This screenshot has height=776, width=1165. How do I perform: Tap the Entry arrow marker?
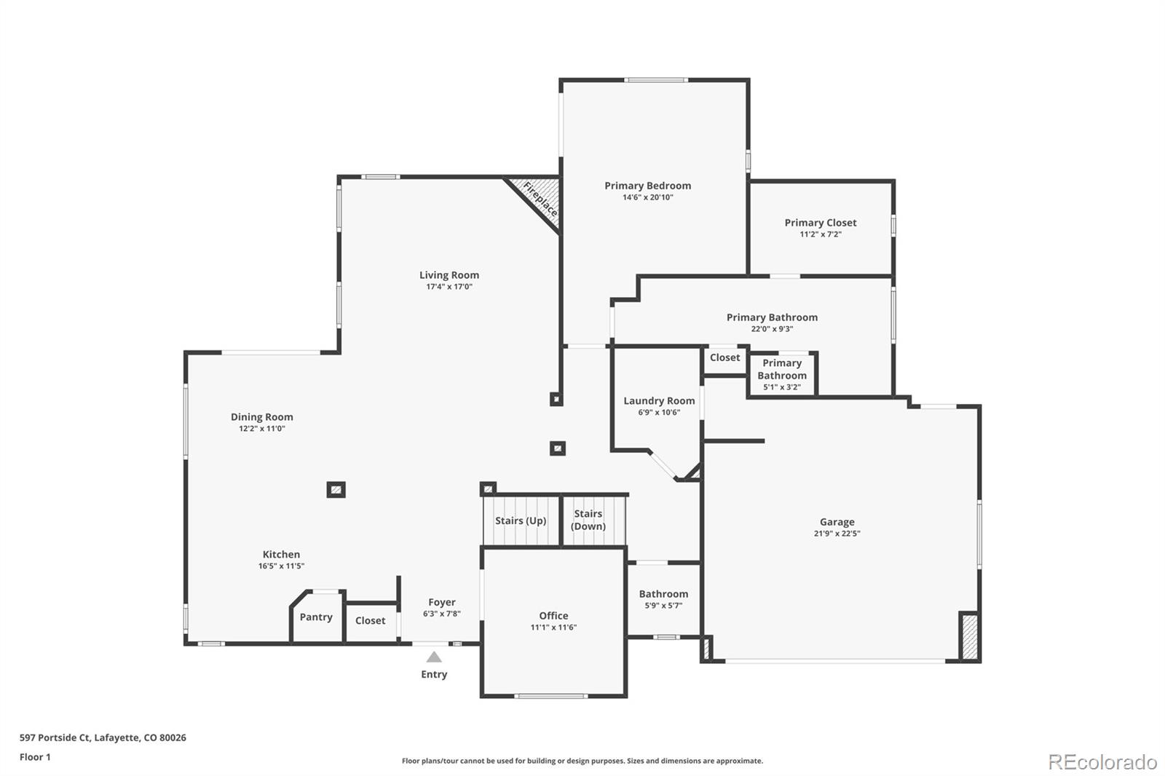click(434, 657)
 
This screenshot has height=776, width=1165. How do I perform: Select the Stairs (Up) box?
click(521, 520)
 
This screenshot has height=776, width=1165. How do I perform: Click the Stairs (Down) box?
click(588, 520)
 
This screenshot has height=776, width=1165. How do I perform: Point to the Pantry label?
click(316, 617)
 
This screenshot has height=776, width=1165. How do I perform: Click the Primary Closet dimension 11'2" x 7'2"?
click(821, 234)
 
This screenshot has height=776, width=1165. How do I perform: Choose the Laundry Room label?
click(659, 401)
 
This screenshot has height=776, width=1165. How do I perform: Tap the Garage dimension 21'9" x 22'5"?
click(837, 534)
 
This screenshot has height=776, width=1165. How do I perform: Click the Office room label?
click(553, 616)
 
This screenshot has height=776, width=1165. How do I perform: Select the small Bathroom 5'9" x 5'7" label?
click(663, 595)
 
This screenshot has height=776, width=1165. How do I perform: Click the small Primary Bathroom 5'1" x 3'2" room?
click(782, 374)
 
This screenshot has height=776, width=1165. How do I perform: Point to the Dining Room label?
click(262, 417)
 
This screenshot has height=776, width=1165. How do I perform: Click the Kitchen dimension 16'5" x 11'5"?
click(281, 566)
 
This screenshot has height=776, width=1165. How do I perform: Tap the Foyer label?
click(442, 603)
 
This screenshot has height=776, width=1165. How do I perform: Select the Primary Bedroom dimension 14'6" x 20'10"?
click(647, 197)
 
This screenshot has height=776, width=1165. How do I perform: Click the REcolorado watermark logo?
click(1102, 762)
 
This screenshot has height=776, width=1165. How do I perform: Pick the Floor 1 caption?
click(35, 757)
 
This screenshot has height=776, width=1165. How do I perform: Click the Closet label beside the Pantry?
click(371, 621)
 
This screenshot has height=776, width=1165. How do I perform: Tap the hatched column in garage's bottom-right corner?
click(969, 637)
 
